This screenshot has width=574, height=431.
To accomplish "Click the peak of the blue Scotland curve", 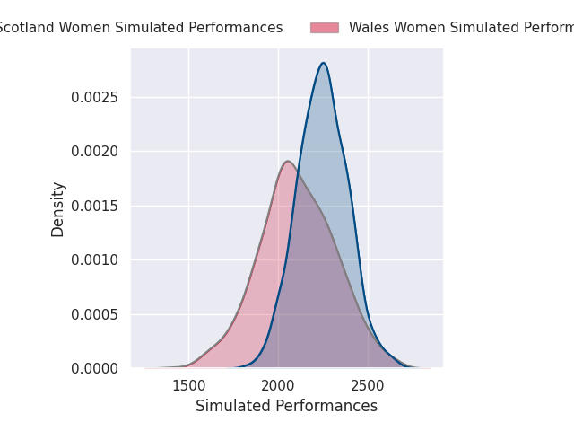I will point(323,63).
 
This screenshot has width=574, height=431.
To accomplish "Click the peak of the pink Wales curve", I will point(287,162).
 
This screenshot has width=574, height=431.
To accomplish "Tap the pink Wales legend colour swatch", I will point(325,28).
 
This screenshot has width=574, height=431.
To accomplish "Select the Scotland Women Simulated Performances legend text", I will point(139,28).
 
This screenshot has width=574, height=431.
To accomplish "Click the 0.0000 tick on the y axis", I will point(95,368).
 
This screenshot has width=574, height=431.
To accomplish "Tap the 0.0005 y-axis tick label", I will point(95,314).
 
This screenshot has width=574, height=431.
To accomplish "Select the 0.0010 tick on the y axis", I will point(95,259).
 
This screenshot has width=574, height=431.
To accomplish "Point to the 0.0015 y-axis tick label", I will point(95,206).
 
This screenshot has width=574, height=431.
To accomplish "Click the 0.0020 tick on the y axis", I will point(95,151).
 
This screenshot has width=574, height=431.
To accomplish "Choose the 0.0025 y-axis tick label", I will point(95,97).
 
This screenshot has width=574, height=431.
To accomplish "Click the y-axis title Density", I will point(58,209).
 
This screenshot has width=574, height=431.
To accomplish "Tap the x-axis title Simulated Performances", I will point(286,407).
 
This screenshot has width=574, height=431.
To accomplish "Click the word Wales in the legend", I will point(368,28).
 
